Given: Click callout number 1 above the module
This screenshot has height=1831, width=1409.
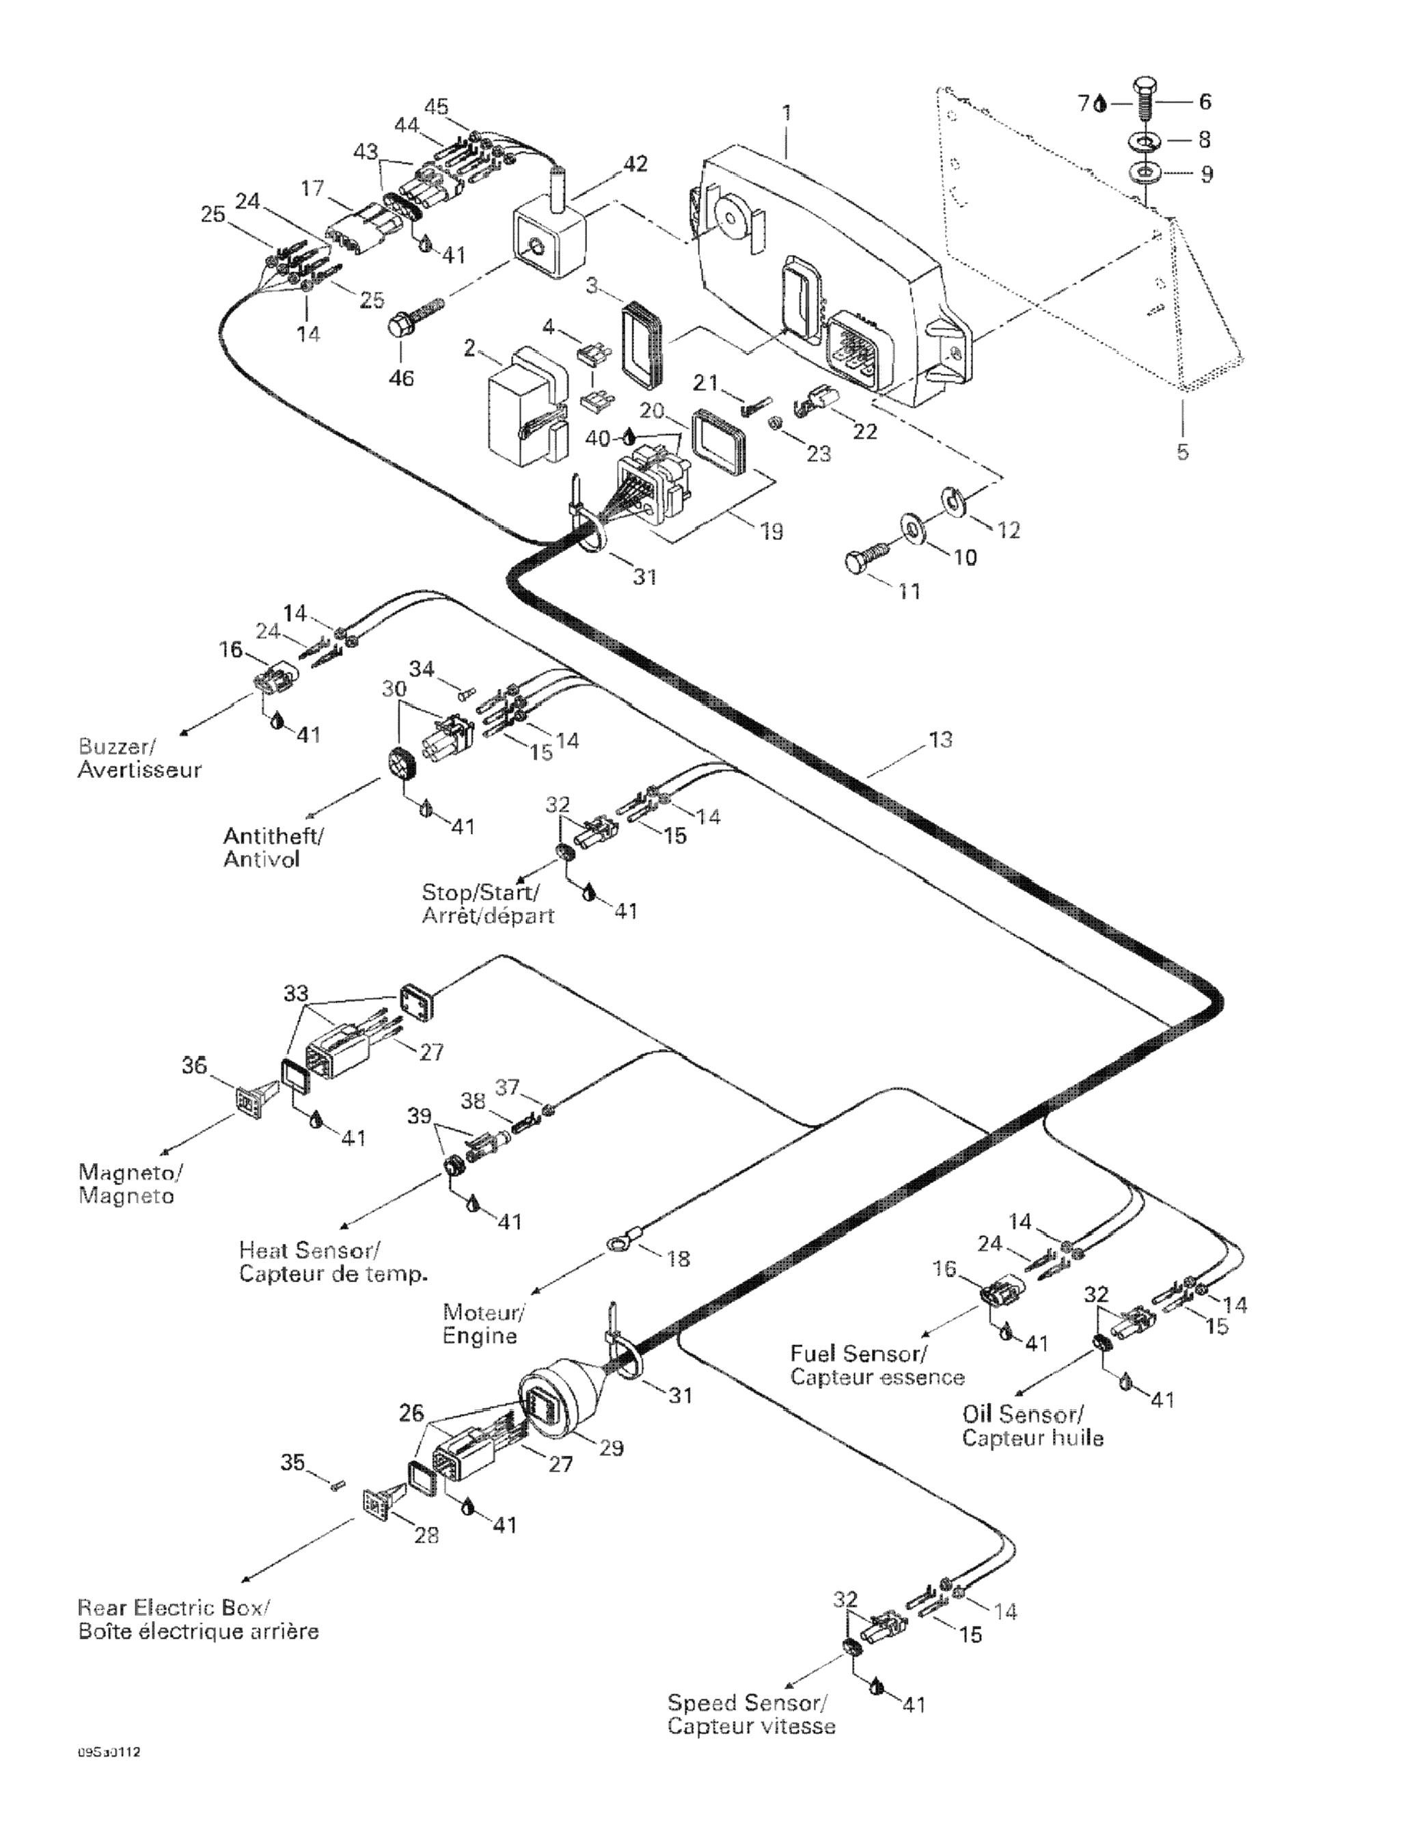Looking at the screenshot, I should [x=786, y=112].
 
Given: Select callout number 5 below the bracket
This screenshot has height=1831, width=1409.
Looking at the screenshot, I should [x=1182, y=452].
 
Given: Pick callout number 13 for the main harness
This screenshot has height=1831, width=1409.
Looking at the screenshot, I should [x=940, y=740].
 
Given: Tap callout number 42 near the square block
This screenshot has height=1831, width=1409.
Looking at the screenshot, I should [x=636, y=163].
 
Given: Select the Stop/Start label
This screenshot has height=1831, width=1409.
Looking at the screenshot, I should [x=480, y=891].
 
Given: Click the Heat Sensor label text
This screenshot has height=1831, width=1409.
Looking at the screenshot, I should [x=308, y=1250].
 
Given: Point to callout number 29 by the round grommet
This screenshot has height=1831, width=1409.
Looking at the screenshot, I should [x=611, y=1448].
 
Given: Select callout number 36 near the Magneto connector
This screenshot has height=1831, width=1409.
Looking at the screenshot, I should [x=195, y=1066].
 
